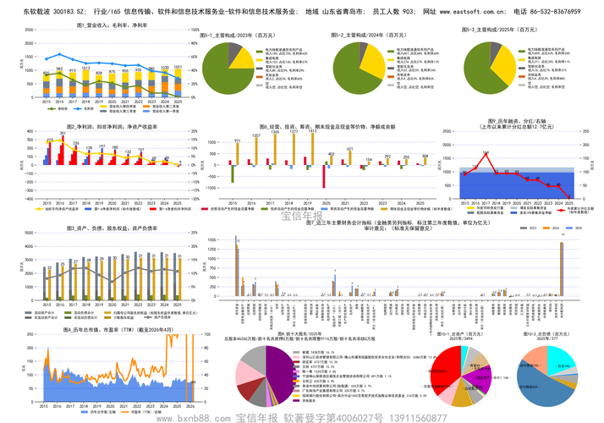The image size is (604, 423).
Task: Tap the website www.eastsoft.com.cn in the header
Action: (x=475, y=14)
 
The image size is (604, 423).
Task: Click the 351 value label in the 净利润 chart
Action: (x=63, y=134)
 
